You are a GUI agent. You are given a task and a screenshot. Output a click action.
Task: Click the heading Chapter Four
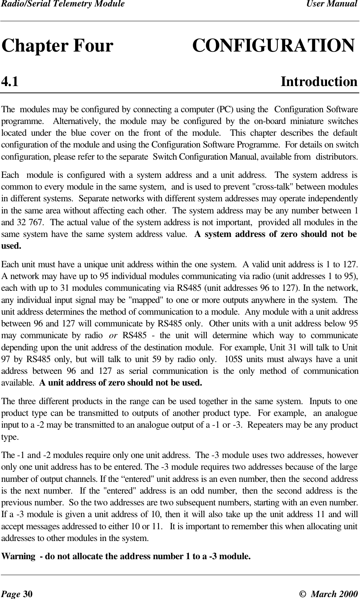point(58,46)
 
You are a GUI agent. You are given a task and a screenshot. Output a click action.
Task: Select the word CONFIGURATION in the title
point(274,46)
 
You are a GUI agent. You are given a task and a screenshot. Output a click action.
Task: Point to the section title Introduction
point(319,82)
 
